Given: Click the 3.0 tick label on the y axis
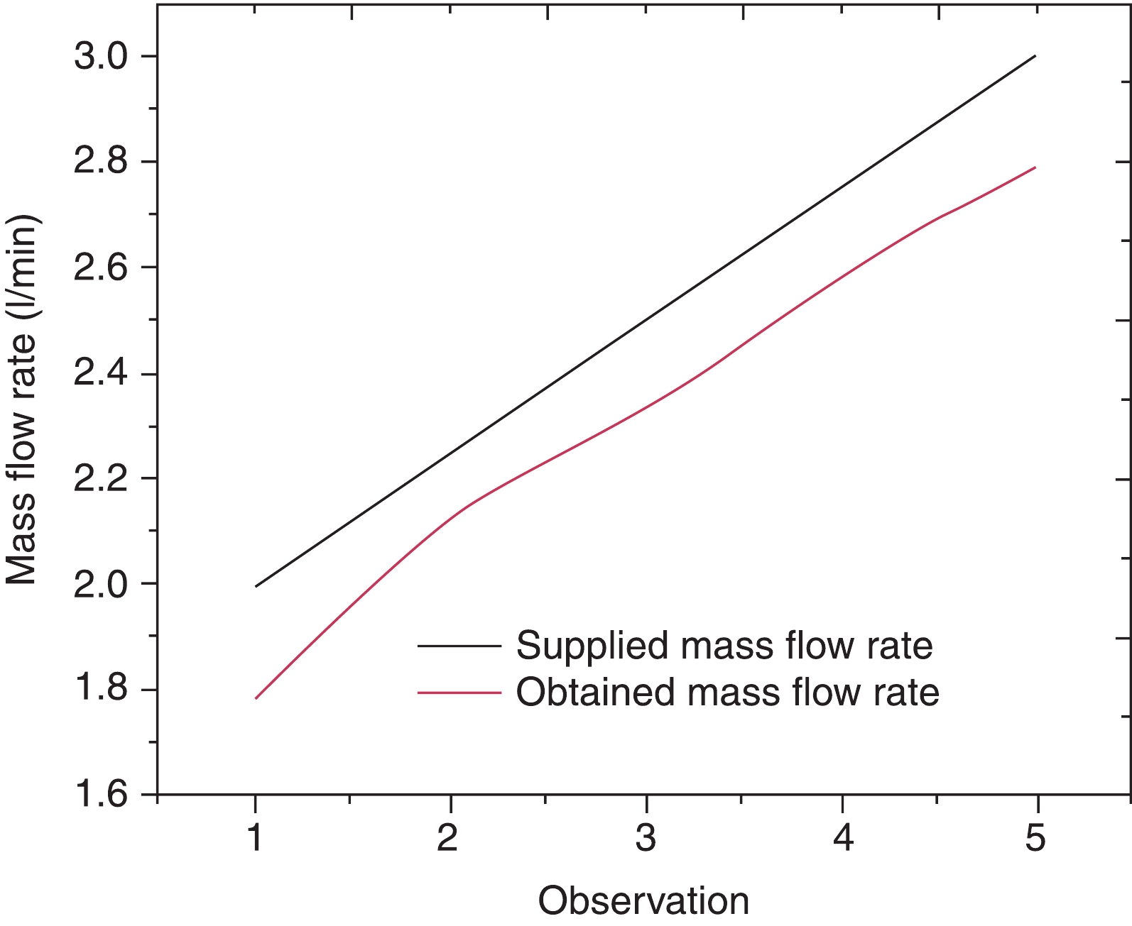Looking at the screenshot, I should [x=104, y=57].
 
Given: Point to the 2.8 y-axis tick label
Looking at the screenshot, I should [x=104, y=162].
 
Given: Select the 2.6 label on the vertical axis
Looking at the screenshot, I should [x=104, y=268].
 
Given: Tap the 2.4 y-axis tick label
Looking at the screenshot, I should [x=104, y=374].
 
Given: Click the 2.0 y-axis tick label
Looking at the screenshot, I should [x=104, y=585].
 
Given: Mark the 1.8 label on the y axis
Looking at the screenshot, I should [x=104, y=690].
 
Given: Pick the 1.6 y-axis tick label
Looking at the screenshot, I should [x=104, y=795].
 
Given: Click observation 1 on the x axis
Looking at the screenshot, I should [x=255, y=838].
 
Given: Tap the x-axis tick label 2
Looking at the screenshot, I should [x=448, y=838].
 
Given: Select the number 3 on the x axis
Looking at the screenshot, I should [x=646, y=838].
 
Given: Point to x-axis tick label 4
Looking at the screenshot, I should [x=843, y=838].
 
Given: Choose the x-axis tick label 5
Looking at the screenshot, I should [x=1036, y=838].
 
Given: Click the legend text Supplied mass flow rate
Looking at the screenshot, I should [x=724, y=646].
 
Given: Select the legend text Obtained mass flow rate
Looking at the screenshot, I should [x=727, y=692].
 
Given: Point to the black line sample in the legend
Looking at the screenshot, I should [x=459, y=646].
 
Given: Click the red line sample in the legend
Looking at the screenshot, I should [x=459, y=693].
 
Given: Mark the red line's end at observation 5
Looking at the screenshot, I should [x=1035, y=167].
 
